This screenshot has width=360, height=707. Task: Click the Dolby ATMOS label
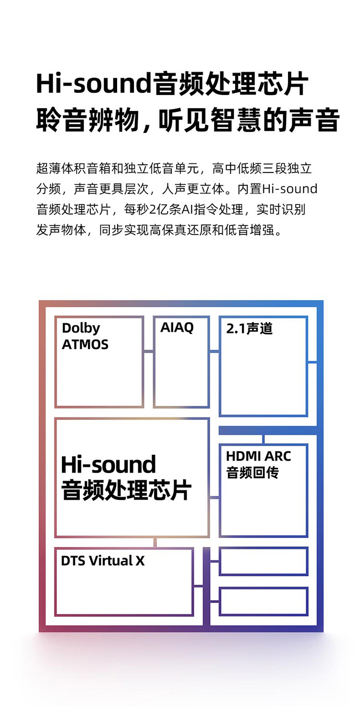(x=85, y=336)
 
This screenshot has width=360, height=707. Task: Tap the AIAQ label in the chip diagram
(x=177, y=327)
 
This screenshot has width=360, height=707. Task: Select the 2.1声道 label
(x=249, y=329)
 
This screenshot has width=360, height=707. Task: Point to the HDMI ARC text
(x=258, y=456)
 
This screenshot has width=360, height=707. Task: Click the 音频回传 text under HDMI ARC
(x=252, y=473)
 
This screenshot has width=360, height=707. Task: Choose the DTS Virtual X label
(x=103, y=561)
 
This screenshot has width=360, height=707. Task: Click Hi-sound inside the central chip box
(x=108, y=464)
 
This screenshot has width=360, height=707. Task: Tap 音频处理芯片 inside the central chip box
(x=126, y=490)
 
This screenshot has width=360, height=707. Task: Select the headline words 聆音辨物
(x=88, y=120)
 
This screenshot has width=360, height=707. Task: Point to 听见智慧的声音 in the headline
(x=249, y=120)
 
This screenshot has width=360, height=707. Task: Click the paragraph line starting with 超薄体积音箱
(x=174, y=168)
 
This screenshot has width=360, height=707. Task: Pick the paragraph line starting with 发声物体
(x=159, y=230)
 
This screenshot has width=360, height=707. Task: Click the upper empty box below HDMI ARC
(x=264, y=561)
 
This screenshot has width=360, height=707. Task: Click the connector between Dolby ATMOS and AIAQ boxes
(x=149, y=351)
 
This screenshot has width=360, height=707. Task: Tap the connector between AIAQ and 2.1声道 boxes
(x=214, y=351)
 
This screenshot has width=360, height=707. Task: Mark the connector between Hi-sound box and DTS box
(x=155, y=542)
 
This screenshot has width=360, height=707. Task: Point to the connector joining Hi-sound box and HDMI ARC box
(x=214, y=498)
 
